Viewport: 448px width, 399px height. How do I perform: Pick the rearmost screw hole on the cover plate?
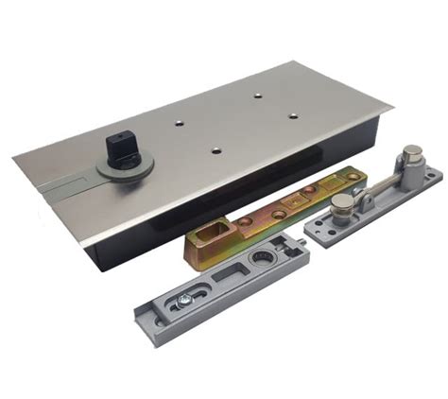(x=257, y=95)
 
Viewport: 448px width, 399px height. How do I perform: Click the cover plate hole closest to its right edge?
(x=292, y=115)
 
